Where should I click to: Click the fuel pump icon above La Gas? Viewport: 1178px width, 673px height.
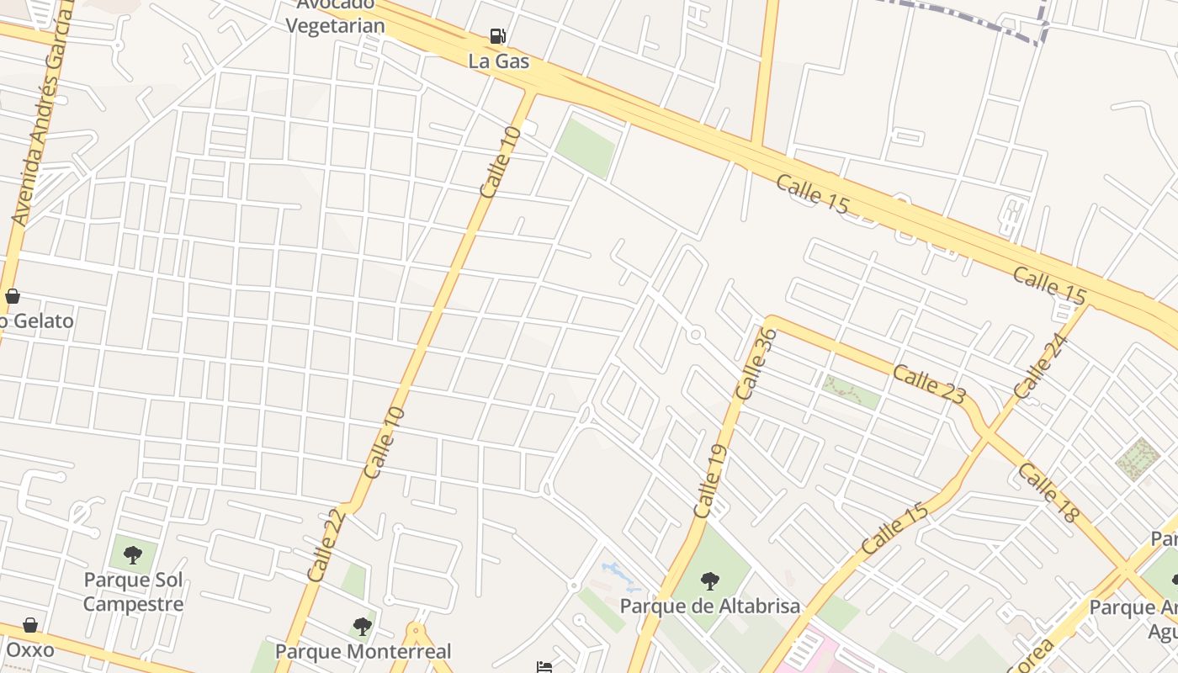click(x=498, y=36)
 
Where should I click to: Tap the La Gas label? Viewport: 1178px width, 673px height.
click(x=499, y=61)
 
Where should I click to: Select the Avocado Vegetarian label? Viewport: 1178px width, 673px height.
click(x=335, y=16)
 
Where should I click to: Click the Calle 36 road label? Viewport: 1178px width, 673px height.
click(x=756, y=363)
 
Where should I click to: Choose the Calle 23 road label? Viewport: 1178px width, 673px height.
click(x=929, y=384)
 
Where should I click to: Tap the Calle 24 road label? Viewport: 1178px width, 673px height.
click(x=1041, y=367)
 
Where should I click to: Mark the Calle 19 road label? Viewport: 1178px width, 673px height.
click(x=708, y=480)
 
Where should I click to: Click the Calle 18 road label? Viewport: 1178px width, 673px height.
click(x=1047, y=492)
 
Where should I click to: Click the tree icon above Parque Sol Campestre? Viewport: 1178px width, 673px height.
click(x=132, y=554)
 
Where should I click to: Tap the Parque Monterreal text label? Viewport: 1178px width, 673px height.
click(x=363, y=651)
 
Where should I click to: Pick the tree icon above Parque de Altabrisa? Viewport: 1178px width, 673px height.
click(x=710, y=580)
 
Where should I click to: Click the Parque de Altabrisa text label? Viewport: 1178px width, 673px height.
click(x=710, y=606)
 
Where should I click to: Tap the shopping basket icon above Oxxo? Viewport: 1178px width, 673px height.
click(x=30, y=625)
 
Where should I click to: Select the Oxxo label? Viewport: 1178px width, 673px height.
click(x=29, y=649)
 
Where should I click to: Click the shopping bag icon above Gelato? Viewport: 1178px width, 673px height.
click(x=13, y=296)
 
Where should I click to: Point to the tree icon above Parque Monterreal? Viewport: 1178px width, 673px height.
click(x=363, y=626)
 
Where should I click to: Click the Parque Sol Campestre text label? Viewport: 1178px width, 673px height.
click(x=133, y=591)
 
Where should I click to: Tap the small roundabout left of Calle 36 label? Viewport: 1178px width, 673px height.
click(x=695, y=335)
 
